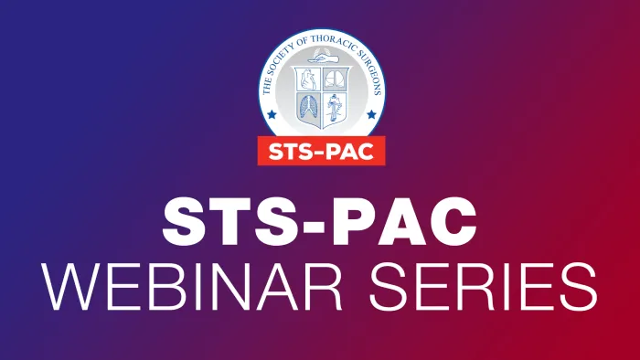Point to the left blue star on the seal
click(270, 116)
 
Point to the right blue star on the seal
click(370, 116)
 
